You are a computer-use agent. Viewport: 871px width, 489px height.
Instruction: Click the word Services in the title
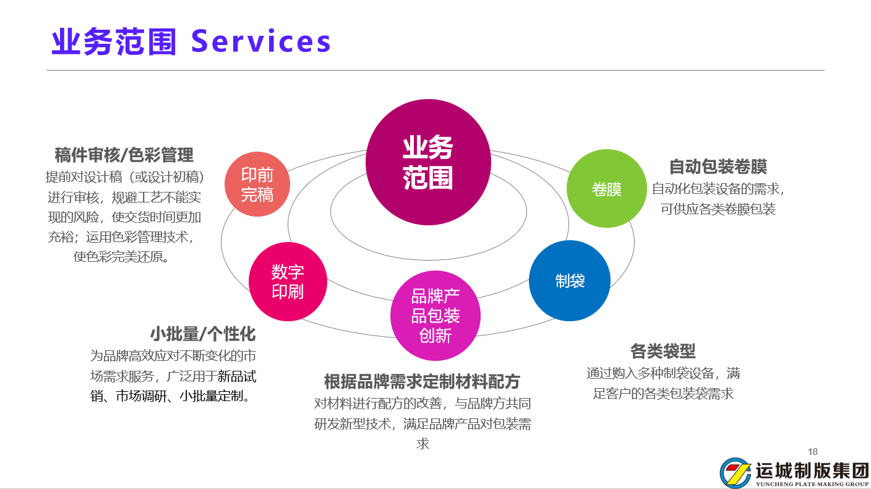(260, 42)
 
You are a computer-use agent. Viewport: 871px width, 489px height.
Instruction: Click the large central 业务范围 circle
(428, 162)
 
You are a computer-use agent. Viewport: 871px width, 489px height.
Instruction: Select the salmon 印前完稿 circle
(257, 184)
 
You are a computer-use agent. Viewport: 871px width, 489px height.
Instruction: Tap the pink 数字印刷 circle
(288, 282)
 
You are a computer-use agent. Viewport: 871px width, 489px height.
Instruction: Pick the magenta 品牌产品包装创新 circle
(435, 316)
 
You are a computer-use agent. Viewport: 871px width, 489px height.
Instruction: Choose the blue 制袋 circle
(570, 280)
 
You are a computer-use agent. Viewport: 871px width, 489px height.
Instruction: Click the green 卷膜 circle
(606, 189)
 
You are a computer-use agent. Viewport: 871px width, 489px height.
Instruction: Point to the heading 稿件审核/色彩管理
(124, 155)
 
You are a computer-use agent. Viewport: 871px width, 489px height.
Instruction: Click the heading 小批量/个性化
(202, 334)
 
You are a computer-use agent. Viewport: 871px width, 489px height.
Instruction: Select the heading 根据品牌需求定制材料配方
(422, 381)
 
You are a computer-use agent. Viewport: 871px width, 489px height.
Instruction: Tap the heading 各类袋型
(663, 352)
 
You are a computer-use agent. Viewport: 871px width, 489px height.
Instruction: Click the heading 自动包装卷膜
(718, 167)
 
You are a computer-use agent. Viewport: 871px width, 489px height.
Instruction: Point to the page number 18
(813, 451)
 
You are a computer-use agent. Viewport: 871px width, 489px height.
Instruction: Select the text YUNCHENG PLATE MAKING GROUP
(812, 484)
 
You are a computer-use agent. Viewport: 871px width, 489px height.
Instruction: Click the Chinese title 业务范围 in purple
(114, 42)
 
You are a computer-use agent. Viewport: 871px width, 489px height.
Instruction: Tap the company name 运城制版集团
(812, 470)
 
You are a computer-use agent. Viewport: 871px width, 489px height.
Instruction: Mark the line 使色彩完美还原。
(122, 256)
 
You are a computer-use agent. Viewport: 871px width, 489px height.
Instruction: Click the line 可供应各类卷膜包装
(718, 209)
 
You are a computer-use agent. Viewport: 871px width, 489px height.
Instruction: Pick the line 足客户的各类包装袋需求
(663, 393)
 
